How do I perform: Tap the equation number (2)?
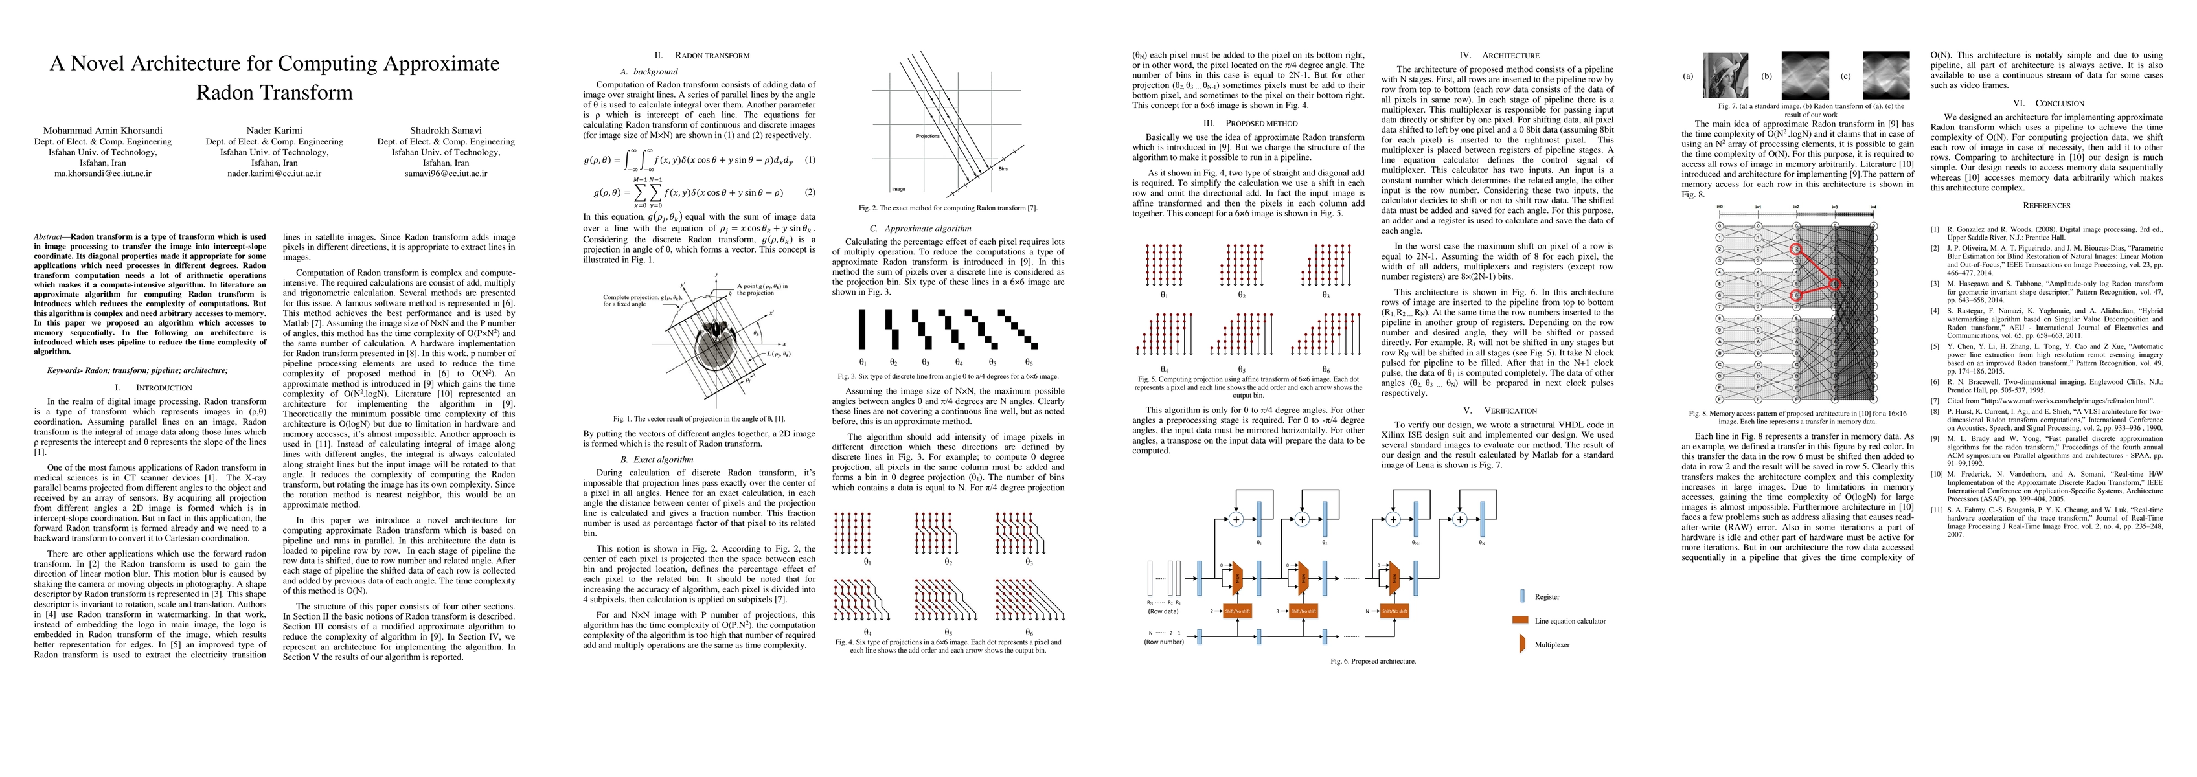click(x=810, y=193)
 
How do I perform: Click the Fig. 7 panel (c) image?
click(x=1885, y=76)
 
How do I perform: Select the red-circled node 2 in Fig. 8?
click(x=1795, y=249)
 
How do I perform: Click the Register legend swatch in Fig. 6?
click(x=1522, y=597)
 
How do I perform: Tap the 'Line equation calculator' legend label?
click(x=1569, y=621)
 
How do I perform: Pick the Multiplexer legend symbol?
click(x=1521, y=645)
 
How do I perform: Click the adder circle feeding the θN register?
click(x=1459, y=519)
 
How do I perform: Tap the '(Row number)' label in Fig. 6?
click(x=1163, y=642)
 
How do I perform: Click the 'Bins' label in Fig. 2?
click(x=1003, y=169)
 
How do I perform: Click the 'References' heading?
click(x=2046, y=205)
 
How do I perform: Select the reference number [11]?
click(x=1937, y=508)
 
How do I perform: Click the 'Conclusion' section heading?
click(x=2046, y=103)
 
